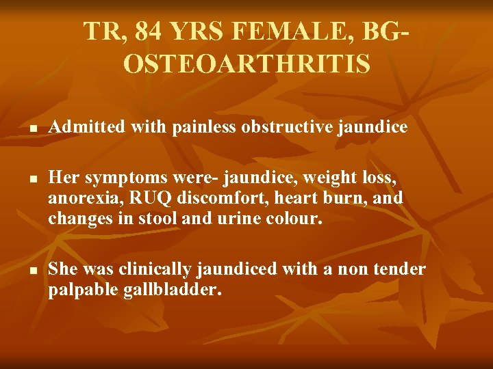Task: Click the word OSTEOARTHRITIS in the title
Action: point(246,64)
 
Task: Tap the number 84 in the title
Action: point(150,31)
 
